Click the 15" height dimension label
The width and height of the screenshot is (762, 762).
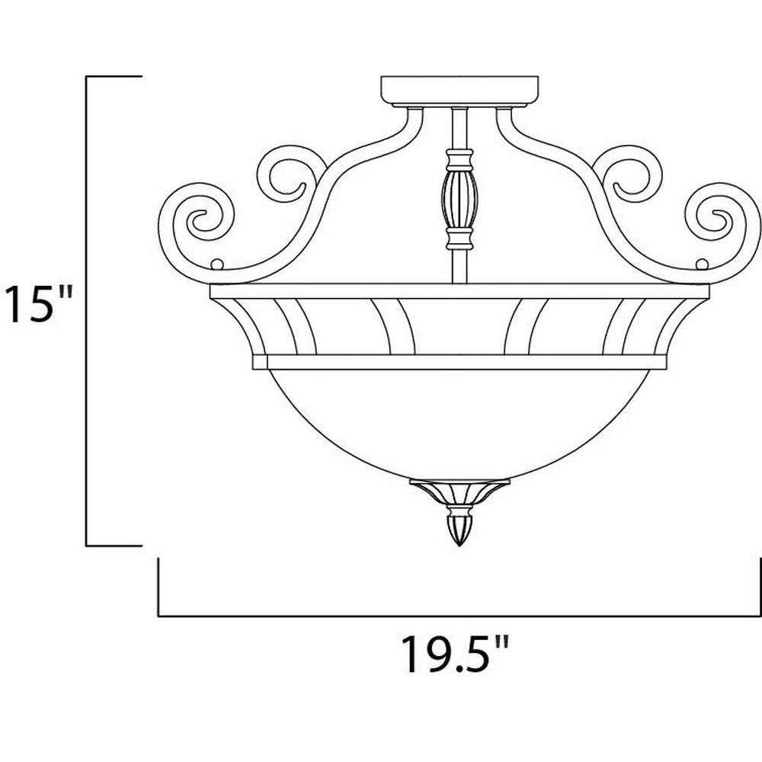[39, 304]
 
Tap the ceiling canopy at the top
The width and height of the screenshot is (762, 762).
[459, 91]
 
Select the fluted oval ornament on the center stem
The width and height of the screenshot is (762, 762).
[459, 199]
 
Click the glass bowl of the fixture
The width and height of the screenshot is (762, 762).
[459, 423]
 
